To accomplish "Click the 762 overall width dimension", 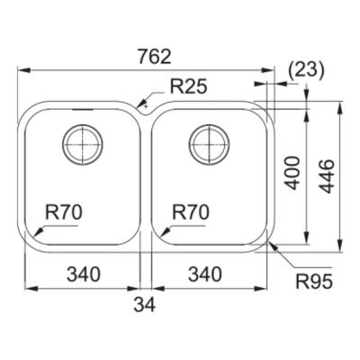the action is coord(155,57).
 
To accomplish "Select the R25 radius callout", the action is coord(188,86).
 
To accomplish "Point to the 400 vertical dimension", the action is coord(292,173).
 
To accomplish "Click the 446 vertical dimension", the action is coord(327,176).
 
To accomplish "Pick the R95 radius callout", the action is coord(314,282).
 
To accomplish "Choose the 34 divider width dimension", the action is coord(144,305).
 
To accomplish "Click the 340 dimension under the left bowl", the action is coord(83,274).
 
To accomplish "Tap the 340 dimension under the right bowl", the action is coord(205,274).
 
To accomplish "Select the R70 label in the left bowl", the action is coord(64,211).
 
